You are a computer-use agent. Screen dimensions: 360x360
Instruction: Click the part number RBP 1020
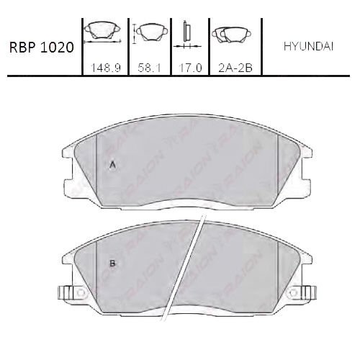41,48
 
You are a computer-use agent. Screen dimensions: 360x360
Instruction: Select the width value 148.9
106,68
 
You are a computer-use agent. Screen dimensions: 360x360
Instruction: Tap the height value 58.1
149,68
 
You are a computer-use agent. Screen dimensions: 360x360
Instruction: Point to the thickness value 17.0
190,68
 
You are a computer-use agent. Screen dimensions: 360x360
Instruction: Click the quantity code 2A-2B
235,68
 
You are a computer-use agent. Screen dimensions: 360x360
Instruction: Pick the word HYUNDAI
309,47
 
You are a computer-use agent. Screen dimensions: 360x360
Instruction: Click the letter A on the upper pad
112,165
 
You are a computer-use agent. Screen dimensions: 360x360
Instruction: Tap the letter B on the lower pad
112,264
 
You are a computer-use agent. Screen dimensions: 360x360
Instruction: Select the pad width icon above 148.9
102,32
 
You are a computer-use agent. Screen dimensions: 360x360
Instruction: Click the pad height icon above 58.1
150,32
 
